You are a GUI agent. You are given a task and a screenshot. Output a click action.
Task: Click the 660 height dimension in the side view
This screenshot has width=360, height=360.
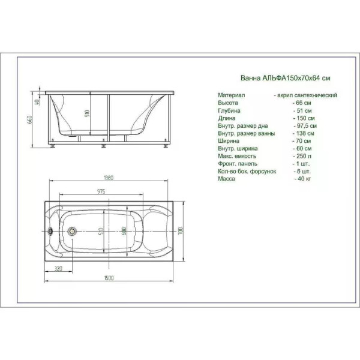[28, 119]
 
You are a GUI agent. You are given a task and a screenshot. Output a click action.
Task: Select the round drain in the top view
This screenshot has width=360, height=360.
[73, 231]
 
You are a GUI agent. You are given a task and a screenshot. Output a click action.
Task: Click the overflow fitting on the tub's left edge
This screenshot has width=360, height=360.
[51, 231]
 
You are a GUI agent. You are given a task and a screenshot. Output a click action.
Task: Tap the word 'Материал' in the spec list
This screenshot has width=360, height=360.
[230, 95]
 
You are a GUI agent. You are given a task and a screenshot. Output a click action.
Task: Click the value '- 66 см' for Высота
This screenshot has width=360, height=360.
[302, 103]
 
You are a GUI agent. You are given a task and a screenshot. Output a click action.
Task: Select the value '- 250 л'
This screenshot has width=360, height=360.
[302, 156]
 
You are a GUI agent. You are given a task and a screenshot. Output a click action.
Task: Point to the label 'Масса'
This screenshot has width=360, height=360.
[226, 179]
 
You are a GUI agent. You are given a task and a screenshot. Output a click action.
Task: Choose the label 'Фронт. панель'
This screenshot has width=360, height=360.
[238, 164]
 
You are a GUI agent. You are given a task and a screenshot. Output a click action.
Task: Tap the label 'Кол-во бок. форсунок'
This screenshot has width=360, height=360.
[247, 172]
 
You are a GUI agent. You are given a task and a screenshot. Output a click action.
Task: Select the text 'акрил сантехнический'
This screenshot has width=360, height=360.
[307, 95]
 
